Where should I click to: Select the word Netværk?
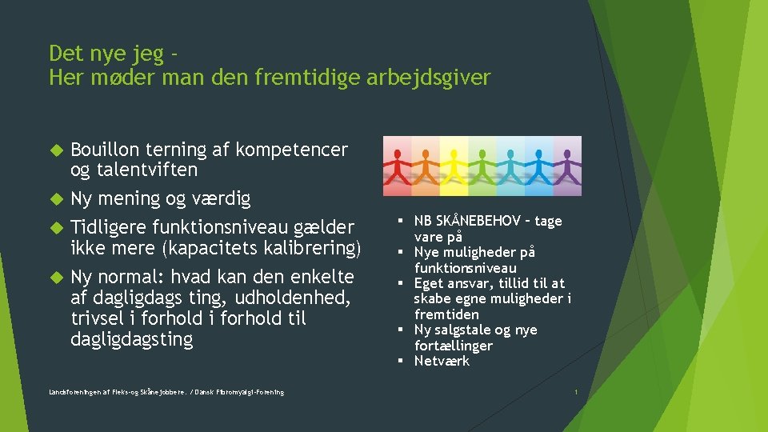pos(442,361)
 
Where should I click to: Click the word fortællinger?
pos(453,346)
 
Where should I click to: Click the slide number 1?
pos(576,392)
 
